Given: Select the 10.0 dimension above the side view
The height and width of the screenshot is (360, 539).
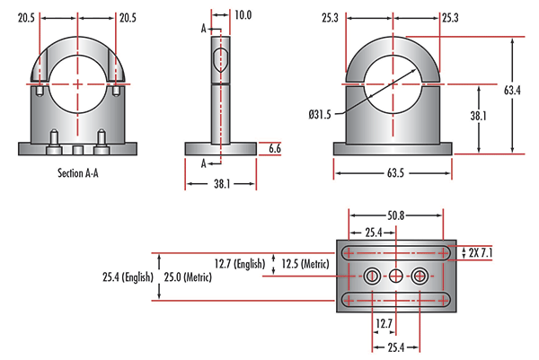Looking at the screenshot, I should (x=243, y=15).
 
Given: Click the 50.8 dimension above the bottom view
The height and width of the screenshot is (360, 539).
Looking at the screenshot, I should (x=396, y=216).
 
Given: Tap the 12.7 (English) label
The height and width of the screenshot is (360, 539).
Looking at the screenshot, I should (x=242, y=264).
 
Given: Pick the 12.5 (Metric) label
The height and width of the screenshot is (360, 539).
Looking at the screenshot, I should (x=304, y=264).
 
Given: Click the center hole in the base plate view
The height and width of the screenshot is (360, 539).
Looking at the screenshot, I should (x=395, y=277).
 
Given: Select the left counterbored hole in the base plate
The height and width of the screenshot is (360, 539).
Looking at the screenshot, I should (x=372, y=277).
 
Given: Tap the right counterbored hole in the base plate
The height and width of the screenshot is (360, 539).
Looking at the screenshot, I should (x=419, y=277).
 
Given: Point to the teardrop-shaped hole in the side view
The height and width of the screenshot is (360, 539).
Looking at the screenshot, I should (x=220, y=60).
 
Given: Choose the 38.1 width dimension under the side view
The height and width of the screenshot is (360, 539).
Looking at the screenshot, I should (x=220, y=183).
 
